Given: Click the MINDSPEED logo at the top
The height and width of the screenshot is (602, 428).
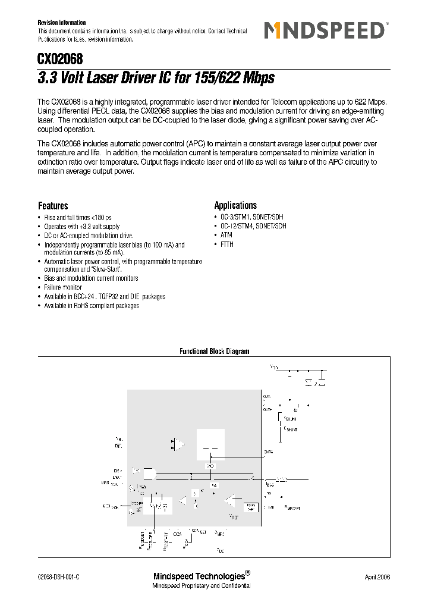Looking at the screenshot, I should click(326, 30).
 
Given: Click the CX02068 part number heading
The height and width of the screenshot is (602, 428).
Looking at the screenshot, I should click(60, 59).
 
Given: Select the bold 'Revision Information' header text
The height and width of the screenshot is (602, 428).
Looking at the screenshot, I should click(62, 23).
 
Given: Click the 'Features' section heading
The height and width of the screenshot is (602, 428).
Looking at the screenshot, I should click(53, 206).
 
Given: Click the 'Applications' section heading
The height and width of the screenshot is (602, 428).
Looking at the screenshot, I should click(235, 205).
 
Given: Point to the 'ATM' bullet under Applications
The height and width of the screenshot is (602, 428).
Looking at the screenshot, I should click(226, 236).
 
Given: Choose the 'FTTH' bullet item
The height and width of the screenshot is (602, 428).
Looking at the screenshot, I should click(227, 244).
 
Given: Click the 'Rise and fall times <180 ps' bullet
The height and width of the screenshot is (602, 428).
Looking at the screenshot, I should click(78, 218).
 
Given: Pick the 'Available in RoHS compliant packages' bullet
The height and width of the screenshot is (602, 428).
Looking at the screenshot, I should click(92, 306).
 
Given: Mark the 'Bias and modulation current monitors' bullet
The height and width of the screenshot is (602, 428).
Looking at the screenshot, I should click(91, 278).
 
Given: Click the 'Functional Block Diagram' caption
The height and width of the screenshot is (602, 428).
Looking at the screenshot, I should click(214, 352).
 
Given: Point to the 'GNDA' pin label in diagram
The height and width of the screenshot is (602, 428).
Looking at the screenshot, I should click(268, 451).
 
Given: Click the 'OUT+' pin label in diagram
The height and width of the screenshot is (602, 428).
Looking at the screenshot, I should click(267, 409).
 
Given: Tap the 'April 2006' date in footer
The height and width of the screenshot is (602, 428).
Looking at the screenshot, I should click(377, 578).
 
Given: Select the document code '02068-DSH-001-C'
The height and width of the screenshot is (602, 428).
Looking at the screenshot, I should click(58, 578).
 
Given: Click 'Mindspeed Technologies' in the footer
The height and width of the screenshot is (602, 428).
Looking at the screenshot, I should click(199, 576).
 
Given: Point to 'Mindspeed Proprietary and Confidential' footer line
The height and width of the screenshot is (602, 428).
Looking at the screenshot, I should click(202, 587).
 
